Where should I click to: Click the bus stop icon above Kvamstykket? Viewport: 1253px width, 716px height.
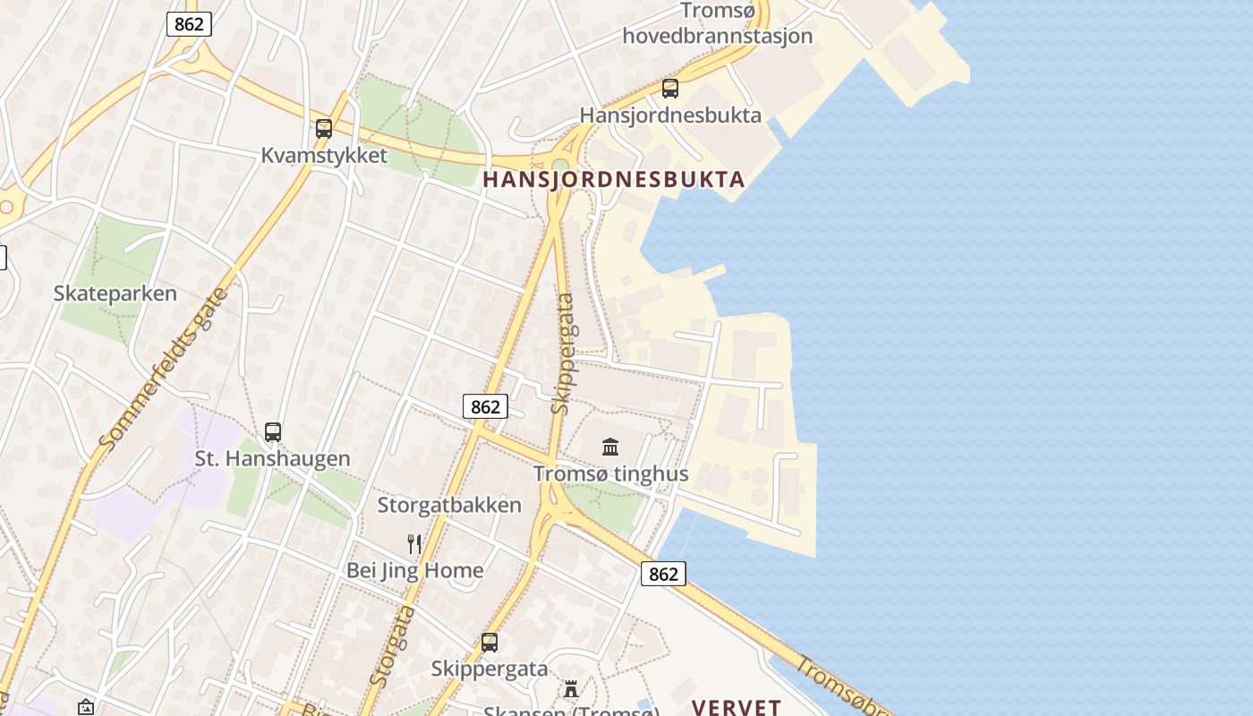point(324,128)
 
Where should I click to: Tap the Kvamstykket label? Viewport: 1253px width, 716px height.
point(324,155)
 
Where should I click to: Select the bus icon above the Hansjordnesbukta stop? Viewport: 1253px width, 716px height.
point(670,89)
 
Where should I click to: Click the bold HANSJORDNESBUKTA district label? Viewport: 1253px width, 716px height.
point(614,179)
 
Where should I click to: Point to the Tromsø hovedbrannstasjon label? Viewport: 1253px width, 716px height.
point(718,24)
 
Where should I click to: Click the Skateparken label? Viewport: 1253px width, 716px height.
point(115,294)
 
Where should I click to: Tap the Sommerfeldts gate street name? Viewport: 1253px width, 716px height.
point(165,368)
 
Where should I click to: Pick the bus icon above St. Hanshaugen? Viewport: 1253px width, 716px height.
point(273,432)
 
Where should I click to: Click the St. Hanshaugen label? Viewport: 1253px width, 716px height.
point(273,458)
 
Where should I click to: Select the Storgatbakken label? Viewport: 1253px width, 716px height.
point(449,505)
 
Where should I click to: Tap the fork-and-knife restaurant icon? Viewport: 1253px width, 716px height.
point(414,543)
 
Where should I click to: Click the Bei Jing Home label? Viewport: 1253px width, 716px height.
point(414,570)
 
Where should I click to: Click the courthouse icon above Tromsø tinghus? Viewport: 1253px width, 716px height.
point(610,447)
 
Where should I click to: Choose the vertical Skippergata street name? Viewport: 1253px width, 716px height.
point(562,354)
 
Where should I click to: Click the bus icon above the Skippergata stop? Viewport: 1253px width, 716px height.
point(490,642)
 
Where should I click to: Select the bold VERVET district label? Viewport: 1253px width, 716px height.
point(737,707)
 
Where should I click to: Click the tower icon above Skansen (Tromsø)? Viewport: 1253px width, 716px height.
point(570,688)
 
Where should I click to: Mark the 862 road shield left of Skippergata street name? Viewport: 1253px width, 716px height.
point(485,406)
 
